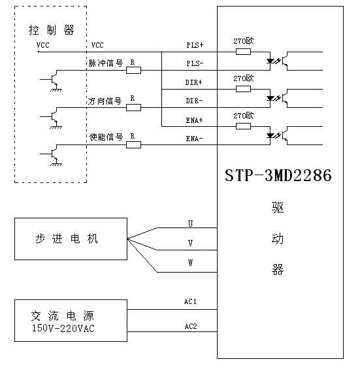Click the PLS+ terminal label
(x=195, y=45)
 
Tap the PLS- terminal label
(x=195, y=63)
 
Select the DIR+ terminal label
(x=195, y=82)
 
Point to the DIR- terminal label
(x=195, y=101)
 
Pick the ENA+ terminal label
(x=195, y=120)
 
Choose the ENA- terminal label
(x=195, y=139)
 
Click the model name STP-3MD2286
(x=278, y=175)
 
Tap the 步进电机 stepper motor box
(x=71, y=239)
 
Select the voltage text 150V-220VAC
(x=63, y=328)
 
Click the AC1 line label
(x=190, y=302)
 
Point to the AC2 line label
(x=190, y=325)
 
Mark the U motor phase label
(x=190, y=224)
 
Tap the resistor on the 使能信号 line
(x=133, y=144)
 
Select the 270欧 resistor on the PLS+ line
(x=242, y=51)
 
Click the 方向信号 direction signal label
(x=105, y=101)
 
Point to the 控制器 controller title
(x=51, y=31)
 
